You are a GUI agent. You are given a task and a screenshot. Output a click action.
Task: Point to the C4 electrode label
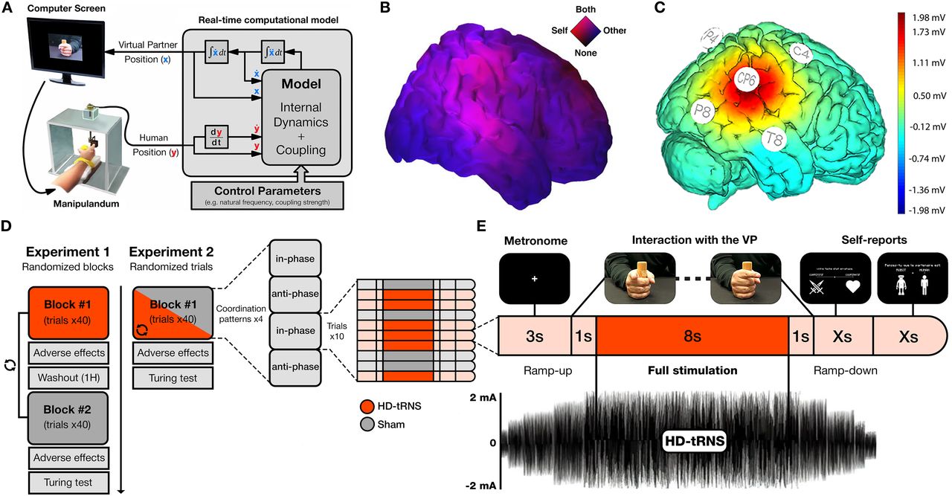coord(800,52)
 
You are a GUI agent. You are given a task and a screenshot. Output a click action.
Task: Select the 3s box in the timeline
coord(534,336)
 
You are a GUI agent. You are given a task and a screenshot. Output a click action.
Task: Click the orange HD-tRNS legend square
coord(366,407)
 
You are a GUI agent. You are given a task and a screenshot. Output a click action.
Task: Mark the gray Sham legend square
coord(366,425)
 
